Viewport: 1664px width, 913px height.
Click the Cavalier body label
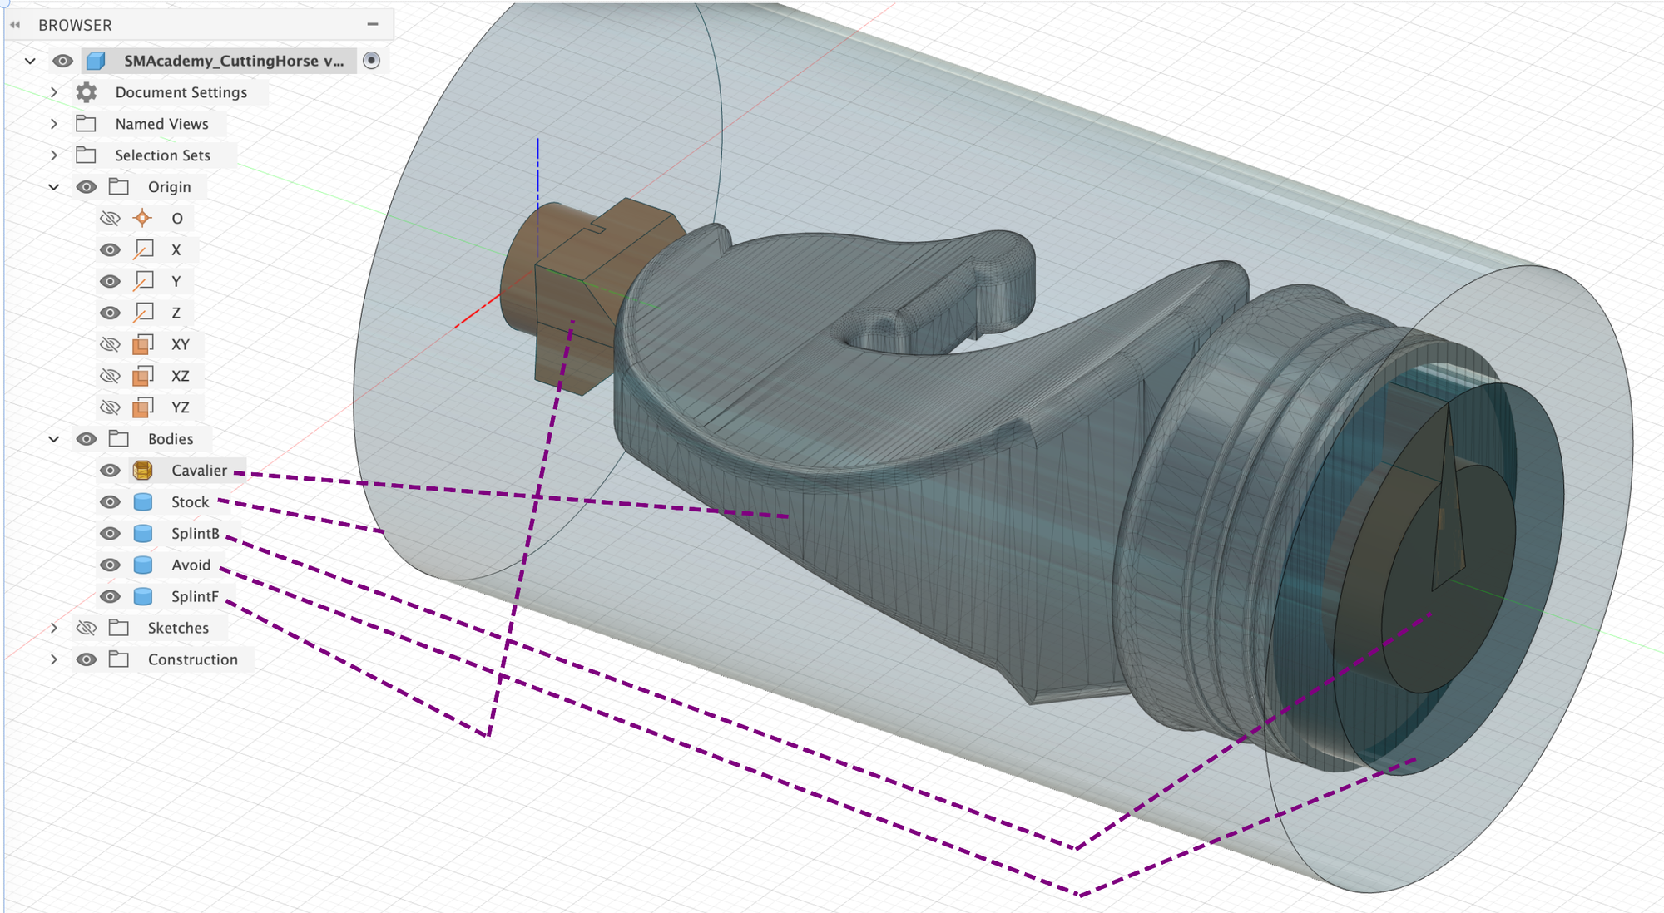[x=199, y=471]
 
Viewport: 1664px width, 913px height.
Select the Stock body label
[x=190, y=502]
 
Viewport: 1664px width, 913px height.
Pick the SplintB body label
[x=196, y=534]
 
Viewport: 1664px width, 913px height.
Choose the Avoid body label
[x=191, y=565]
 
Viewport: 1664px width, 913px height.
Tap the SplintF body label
[x=195, y=597]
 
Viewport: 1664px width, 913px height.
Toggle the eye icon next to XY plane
[x=110, y=344]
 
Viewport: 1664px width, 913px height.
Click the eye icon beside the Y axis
[x=110, y=281]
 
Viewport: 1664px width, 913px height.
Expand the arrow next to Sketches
[x=54, y=628]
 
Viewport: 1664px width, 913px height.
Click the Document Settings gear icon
[x=87, y=92]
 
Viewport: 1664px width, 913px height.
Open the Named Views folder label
[x=161, y=124]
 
